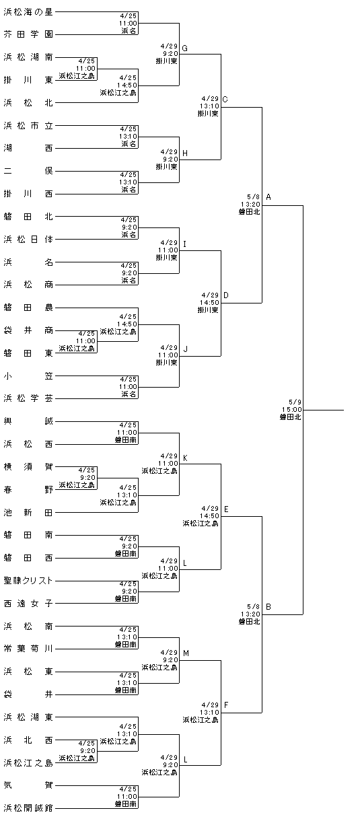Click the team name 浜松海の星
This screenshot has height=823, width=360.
(28, 12)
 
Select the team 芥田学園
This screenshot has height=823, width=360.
(28, 34)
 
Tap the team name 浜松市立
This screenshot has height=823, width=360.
(28, 126)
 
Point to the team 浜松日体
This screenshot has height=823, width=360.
(28, 240)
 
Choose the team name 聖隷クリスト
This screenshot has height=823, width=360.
(28, 581)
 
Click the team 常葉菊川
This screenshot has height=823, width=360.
(28, 649)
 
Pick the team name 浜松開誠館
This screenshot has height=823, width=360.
(28, 808)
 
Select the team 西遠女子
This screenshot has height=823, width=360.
(28, 604)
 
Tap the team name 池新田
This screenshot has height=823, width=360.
(28, 513)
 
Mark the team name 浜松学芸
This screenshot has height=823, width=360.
(28, 398)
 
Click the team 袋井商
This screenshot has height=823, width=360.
(28, 330)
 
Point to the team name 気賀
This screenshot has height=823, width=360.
(28, 785)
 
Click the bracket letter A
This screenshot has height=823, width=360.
(268, 197)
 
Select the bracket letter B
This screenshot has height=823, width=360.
(268, 606)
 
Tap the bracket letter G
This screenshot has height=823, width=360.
(185, 48)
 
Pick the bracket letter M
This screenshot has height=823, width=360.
(186, 653)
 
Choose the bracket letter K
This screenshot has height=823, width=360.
(185, 458)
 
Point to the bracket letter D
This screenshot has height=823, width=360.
(226, 295)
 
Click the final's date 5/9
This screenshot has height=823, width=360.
(295, 402)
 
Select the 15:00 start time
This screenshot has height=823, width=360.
(291, 410)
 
